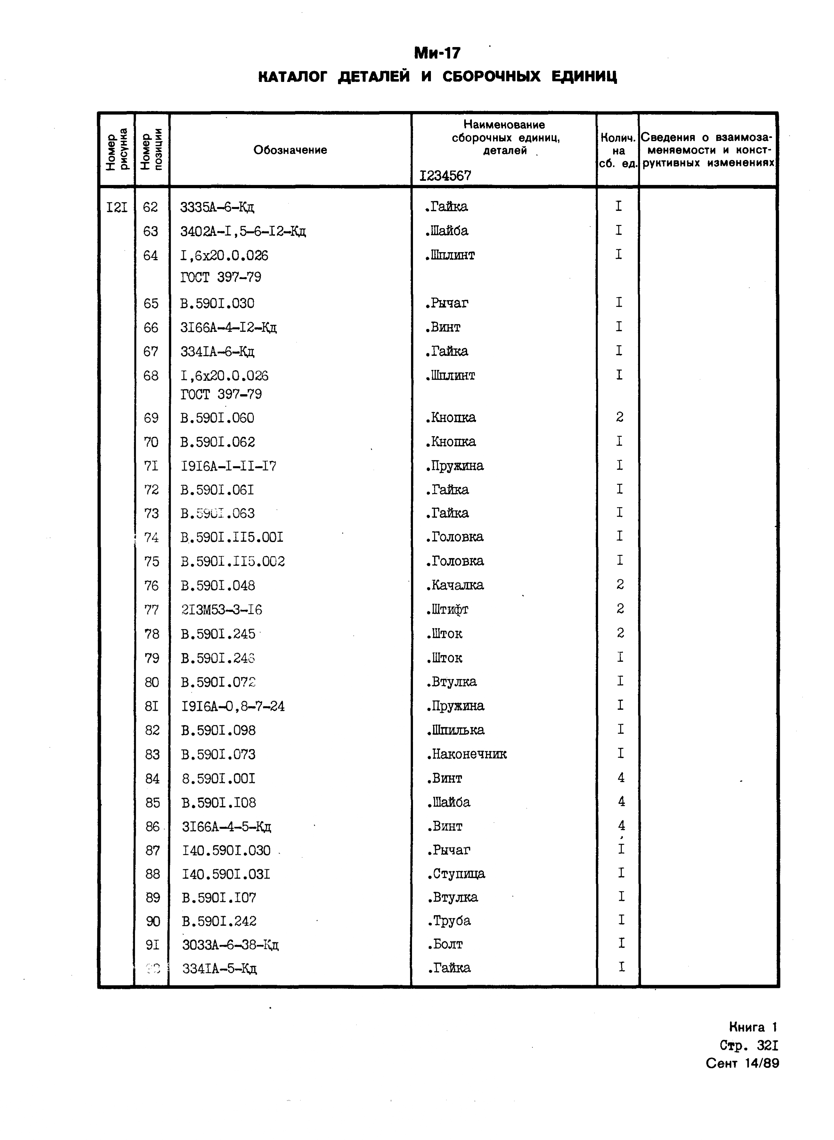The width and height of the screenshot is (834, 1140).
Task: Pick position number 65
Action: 150,303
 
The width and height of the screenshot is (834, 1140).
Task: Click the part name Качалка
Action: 455,585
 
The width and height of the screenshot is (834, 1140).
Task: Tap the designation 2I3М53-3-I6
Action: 222,610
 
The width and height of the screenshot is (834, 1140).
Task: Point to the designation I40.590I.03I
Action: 226,874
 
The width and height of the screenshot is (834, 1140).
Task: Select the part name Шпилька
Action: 455,730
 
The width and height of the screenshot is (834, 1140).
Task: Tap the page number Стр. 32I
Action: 749,1045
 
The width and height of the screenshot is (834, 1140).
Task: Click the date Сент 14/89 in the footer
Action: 742,1063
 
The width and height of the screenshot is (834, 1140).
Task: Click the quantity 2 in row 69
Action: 619,417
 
